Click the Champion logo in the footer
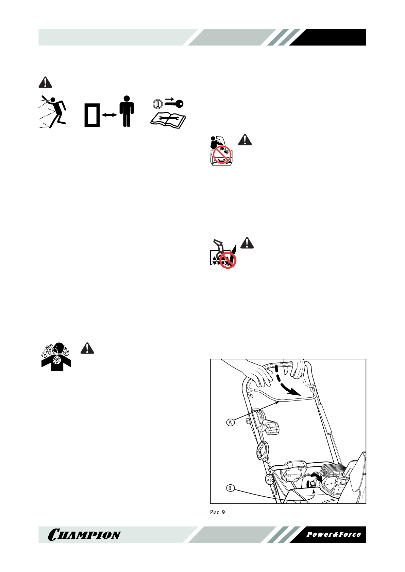[84, 535]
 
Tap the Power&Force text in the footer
[333, 534]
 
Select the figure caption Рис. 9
[217, 512]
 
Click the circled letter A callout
[231, 423]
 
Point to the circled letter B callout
[230, 488]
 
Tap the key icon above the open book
[174, 103]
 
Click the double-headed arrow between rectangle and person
[109, 115]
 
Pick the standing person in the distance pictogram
[127, 111]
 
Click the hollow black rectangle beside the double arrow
[92, 115]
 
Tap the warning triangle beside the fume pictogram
[87, 348]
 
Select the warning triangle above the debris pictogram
[45, 82]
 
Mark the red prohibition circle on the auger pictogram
[228, 260]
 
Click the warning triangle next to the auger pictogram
[247, 243]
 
